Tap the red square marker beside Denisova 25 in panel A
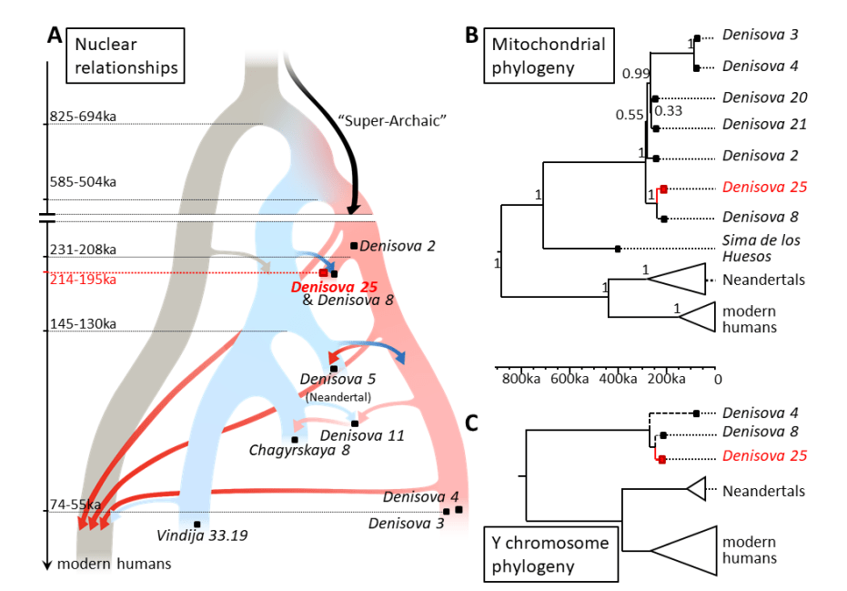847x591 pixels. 323,272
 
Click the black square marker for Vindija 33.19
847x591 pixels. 197,524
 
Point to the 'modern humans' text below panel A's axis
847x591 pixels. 114,565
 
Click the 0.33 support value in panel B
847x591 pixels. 669,111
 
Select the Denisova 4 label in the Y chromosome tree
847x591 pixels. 761,413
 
